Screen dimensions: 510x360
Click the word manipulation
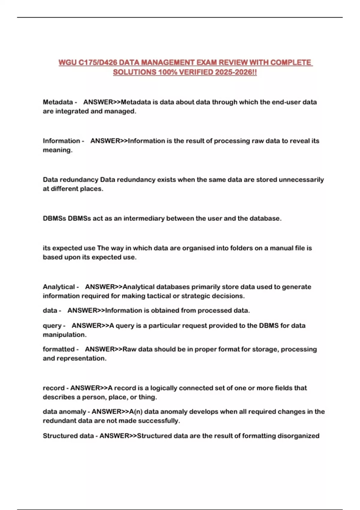click(64, 335)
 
